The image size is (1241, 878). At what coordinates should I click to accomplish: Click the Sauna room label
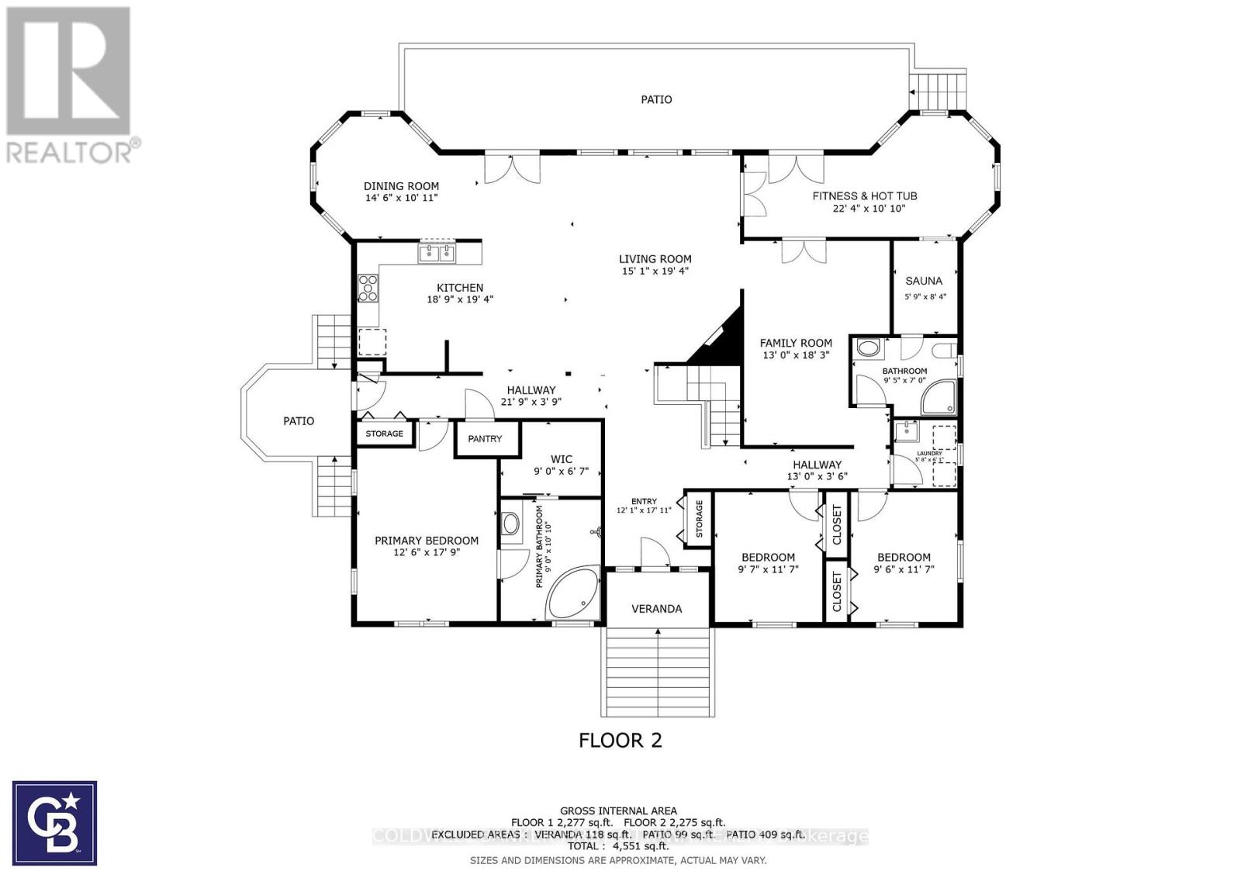(x=924, y=281)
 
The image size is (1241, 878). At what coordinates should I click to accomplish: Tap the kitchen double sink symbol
(x=438, y=252)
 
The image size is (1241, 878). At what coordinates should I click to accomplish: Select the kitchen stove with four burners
(x=368, y=289)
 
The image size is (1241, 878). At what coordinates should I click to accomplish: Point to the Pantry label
(x=485, y=439)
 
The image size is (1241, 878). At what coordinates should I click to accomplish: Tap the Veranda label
(x=656, y=609)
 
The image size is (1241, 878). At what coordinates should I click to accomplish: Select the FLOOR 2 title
(x=620, y=741)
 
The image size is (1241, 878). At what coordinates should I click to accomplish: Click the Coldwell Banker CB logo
(x=55, y=823)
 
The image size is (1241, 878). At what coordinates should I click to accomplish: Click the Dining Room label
(x=401, y=186)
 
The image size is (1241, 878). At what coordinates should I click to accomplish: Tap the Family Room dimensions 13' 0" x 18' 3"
(x=796, y=355)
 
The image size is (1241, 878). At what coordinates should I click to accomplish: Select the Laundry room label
(x=928, y=454)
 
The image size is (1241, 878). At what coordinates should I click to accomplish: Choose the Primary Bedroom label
(x=426, y=541)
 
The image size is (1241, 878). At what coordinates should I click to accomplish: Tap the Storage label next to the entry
(x=698, y=519)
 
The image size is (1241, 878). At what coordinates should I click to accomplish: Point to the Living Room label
(x=655, y=259)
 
